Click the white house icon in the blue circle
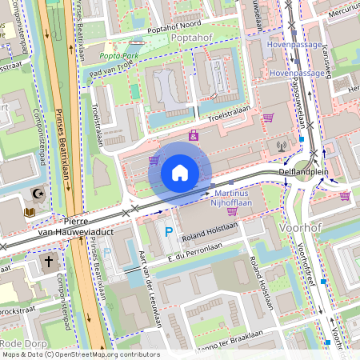tap(180, 172)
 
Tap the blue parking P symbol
tap(168, 232)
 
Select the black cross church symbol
tap(48, 261)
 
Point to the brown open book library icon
tap(30, 212)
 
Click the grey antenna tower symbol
tap(281, 146)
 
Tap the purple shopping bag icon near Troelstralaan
tap(194, 135)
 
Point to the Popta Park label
tap(119, 55)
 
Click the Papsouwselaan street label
tap(295, 103)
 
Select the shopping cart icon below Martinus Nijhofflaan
tap(231, 212)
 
